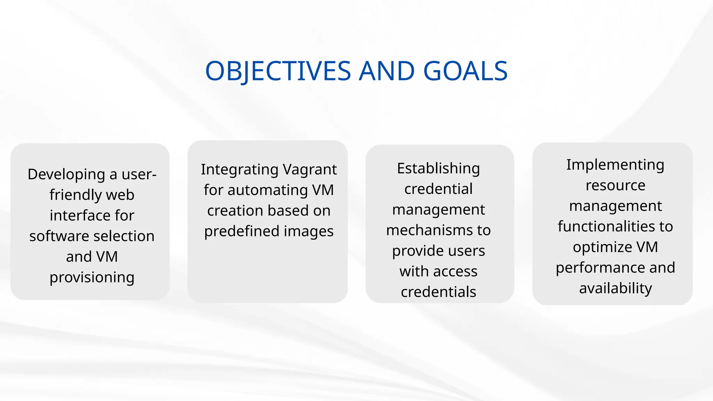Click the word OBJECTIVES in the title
coord(278,71)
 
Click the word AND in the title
coord(387,71)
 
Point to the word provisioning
coord(92,277)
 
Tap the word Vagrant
coord(310,170)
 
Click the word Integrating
coord(240,170)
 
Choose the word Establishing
coord(438,168)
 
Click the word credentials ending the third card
coord(438,292)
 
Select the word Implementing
coord(615,165)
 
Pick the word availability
coord(615,288)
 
